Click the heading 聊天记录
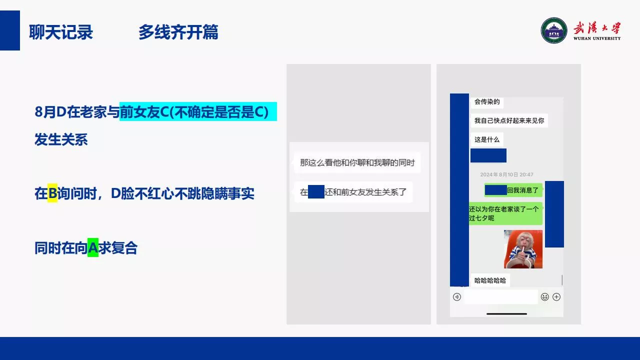pyautogui.click(x=61, y=32)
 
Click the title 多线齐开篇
pyautogui.click(x=178, y=32)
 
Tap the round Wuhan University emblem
pyautogui.click(x=553, y=30)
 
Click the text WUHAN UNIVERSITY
pyautogui.click(x=597, y=38)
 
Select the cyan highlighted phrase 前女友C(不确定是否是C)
pyautogui.click(x=198, y=111)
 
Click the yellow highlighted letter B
pyautogui.click(x=52, y=193)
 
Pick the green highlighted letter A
pyautogui.click(x=93, y=247)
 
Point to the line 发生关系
pyautogui.click(x=61, y=139)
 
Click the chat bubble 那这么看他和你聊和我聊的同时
pyautogui.click(x=357, y=162)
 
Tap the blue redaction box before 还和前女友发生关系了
pyautogui.click(x=316, y=191)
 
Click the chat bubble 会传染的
pyautogui.click(x=487, y=102)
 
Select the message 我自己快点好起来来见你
pyautogui.click(x=509, y=120)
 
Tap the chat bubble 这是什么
pyautogui.click(x=487, y=139)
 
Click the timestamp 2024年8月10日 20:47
pyautogui.click(x=506, y=174)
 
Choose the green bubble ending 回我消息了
pyautogui.click(x=513, y=190)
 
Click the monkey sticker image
pyautogui.click(x=523, y=249)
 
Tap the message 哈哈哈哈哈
pyautogui.click(x=490, y=280)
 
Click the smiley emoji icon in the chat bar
pyautogui.click(x=545, y=297)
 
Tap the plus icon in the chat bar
pyautogui.click(x=556, y=297)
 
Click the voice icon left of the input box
pyautogui.click(x=457, y=297)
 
